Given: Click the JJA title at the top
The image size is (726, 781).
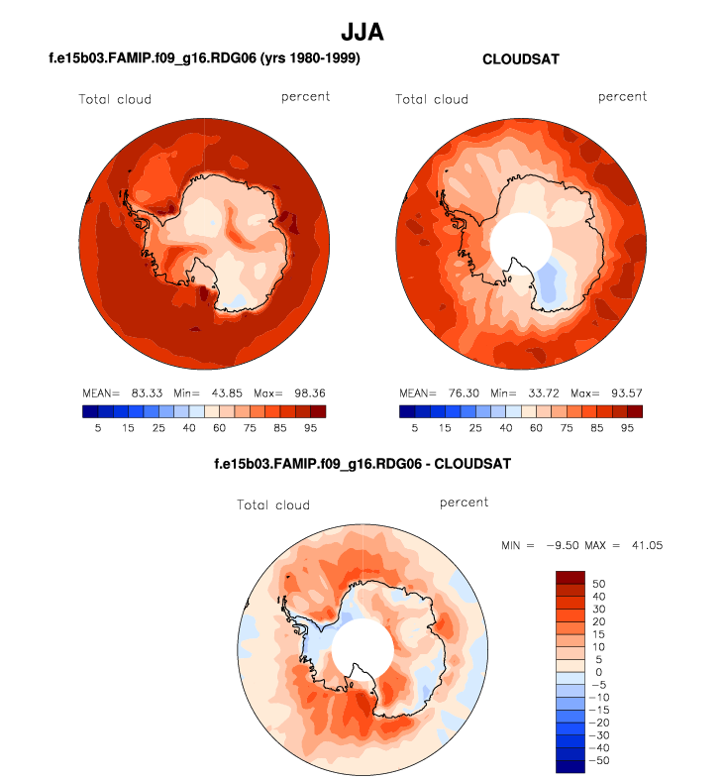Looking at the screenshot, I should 363,33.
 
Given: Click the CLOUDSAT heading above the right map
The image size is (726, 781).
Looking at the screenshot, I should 520,59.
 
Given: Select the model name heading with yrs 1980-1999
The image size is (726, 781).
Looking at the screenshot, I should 203,59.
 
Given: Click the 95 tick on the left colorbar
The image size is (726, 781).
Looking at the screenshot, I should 310,429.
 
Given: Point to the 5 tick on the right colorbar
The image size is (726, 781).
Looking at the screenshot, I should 414,429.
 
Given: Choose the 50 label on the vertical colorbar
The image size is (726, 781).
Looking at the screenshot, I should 597,584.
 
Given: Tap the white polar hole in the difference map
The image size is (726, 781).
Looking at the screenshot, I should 363,649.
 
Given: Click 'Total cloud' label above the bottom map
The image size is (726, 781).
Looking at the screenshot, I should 273,504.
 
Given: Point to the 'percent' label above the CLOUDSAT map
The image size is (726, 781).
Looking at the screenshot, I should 622,96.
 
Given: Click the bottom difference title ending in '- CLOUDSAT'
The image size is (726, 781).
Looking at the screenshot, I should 363,463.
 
